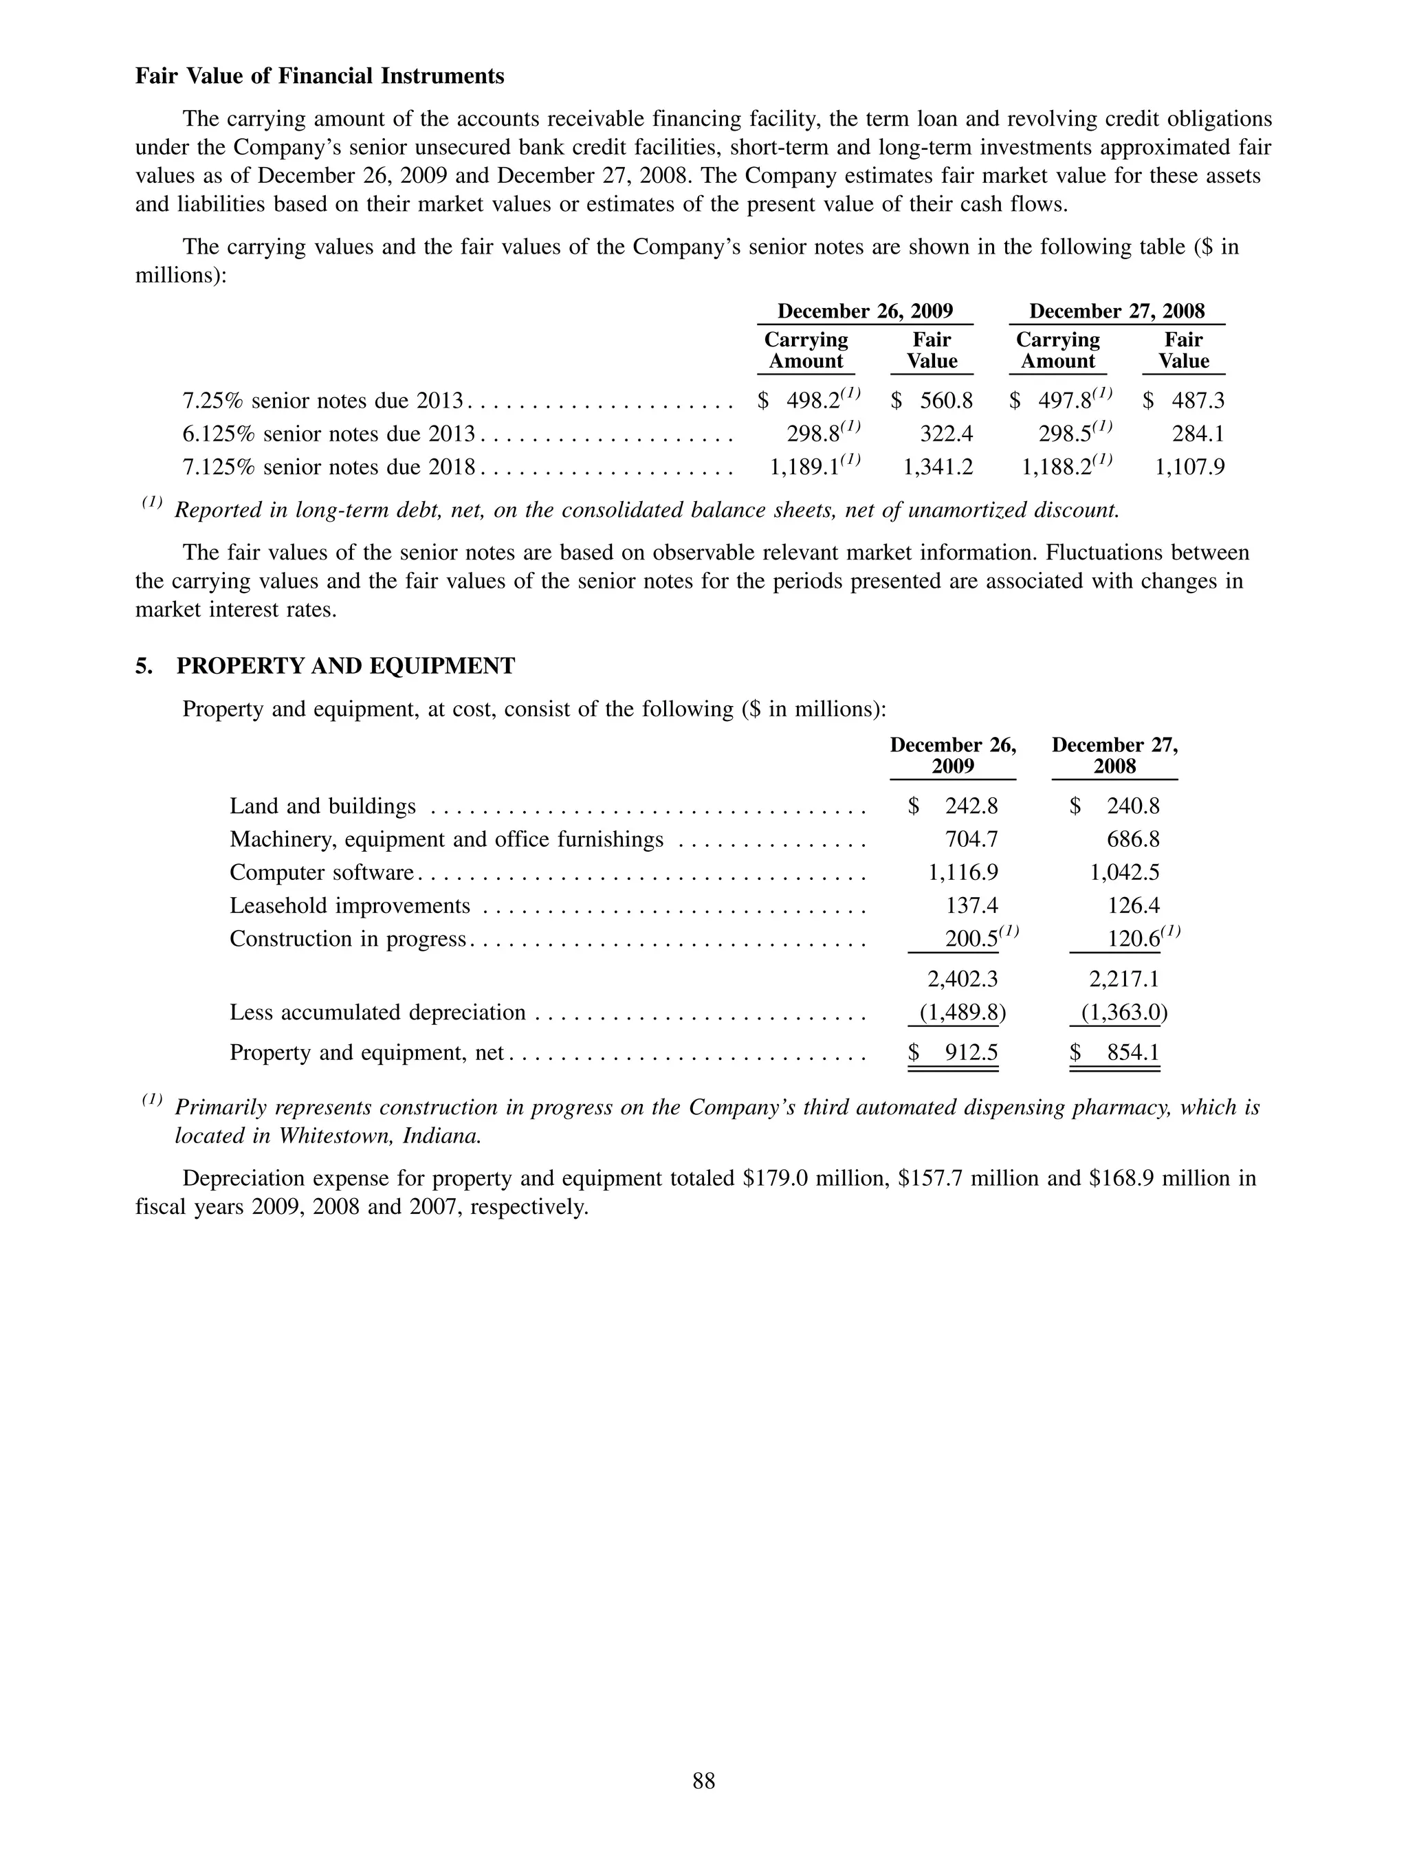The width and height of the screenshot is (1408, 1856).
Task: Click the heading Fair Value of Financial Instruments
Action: pos(320,76)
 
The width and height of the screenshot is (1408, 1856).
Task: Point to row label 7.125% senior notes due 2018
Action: pos(329,467)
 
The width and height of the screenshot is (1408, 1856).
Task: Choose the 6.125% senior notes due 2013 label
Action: pos(329,434)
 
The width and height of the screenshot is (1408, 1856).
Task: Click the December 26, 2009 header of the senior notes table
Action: pos(864,311)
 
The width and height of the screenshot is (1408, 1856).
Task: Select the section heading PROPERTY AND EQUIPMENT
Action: pos(346,666)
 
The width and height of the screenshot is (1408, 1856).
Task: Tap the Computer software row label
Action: pos(321,872)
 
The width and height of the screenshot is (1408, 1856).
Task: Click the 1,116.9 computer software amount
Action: pos(962,872)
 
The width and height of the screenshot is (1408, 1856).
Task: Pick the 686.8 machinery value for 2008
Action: pos(1133,840)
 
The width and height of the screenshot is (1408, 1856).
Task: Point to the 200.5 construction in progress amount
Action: pos(971,939)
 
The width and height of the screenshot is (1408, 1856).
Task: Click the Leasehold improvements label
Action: pos(350,906)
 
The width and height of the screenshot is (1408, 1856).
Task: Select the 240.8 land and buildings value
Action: pos(1133,806)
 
